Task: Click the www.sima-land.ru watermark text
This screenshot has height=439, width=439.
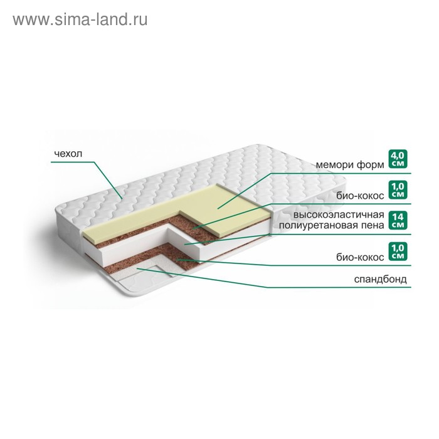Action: [x=80, y=20]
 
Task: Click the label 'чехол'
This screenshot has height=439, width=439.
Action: [x=68, y=154]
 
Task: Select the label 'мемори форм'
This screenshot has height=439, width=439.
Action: [x=350, y=164]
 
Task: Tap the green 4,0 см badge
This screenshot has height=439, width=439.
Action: [x=398, y=159]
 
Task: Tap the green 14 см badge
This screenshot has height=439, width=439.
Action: [x=398, y=221]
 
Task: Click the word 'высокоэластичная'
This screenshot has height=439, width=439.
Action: [x=339, y=214]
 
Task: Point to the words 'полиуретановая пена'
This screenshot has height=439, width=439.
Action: [x=332, y=225]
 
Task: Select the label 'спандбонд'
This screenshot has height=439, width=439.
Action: [x=380, y=279]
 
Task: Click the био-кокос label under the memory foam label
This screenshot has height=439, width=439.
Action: [x=360, y=196]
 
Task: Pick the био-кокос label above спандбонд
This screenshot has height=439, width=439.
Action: [x=360, y=257]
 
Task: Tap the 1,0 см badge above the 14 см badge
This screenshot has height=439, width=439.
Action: [x=398, y=190]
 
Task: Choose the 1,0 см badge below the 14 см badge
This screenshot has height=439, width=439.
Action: [x=398, y=251]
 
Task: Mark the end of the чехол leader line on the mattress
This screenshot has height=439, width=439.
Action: [x=122, y=199]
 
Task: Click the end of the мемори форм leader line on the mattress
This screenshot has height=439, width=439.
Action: [x=218, y=208]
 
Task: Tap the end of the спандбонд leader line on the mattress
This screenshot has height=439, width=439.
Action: [x=137, y=268]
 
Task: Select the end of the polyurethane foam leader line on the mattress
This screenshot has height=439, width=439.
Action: [x=185, y=245]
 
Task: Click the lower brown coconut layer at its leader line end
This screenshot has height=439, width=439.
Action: [x=177, y=260]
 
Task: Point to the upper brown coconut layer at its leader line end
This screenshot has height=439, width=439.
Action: [x=193, y=228]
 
